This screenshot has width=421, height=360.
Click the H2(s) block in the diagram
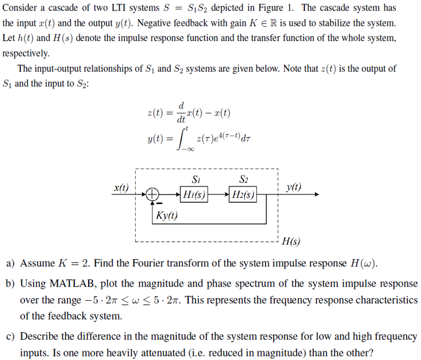tap(243, 194)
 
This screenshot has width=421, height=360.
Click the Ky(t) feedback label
tap(166, 215)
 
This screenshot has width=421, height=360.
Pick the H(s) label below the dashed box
tap(290, 242)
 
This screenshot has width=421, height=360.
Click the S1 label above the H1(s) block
tap(196, 179)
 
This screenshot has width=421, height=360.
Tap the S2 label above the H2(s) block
tap(244, 179)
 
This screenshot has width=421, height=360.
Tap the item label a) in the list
tap(10, 263)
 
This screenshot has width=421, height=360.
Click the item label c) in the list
tap(10, 336)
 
